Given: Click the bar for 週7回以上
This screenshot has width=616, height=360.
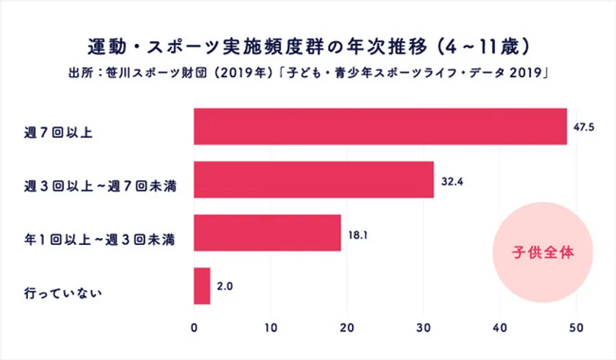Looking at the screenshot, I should point(380,126).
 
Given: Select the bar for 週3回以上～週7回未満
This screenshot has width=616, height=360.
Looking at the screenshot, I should point(313,180).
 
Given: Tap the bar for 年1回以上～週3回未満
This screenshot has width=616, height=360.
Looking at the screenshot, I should point(267,233).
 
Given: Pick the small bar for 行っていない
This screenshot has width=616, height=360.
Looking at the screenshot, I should point(202,286).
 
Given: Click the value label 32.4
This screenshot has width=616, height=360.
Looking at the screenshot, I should point(451,180).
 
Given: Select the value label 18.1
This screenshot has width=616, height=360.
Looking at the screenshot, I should point(357,234).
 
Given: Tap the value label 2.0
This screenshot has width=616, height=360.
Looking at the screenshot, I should point(225,287).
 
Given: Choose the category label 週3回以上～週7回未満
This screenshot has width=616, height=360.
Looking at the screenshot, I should point(98,187).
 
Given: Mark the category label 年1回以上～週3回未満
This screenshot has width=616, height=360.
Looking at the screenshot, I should point(98,240).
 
